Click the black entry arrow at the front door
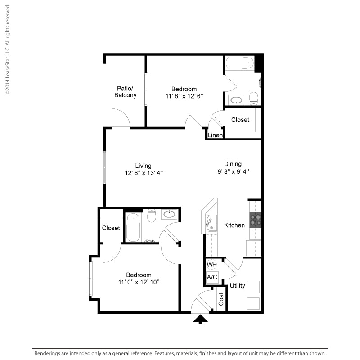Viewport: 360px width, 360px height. [x=200, y=319]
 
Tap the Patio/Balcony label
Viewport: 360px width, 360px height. [x=126, y=92]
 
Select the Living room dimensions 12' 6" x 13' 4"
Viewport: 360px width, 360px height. [x=144, y=173]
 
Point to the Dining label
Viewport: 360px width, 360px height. [x=233, y=164]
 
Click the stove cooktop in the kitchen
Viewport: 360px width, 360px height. [x=256, y=220]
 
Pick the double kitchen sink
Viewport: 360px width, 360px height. [x=211, y=223]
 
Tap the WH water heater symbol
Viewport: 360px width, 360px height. [x=211, y=265]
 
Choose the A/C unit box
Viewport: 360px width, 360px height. [x=212, y=277]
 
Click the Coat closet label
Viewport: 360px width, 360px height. [x=221, y=299]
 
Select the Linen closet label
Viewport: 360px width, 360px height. [x=215, y=135]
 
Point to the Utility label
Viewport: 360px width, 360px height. [x=238, y=286]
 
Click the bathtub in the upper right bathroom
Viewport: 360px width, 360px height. [x=240, y=63]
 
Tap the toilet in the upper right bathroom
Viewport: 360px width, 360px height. [x=254, y=98]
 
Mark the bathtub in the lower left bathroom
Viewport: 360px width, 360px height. [x=133, y=227]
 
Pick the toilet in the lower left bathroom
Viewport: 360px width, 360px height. [x=151, y=216]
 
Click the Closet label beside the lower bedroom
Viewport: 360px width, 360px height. [x=111, y=228]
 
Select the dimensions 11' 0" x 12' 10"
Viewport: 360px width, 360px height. [x=139, y=282]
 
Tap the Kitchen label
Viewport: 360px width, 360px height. [x=234, y=225]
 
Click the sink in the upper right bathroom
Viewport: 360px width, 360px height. [x=236, y=100]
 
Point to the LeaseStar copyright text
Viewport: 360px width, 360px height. [x=8, y=49]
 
